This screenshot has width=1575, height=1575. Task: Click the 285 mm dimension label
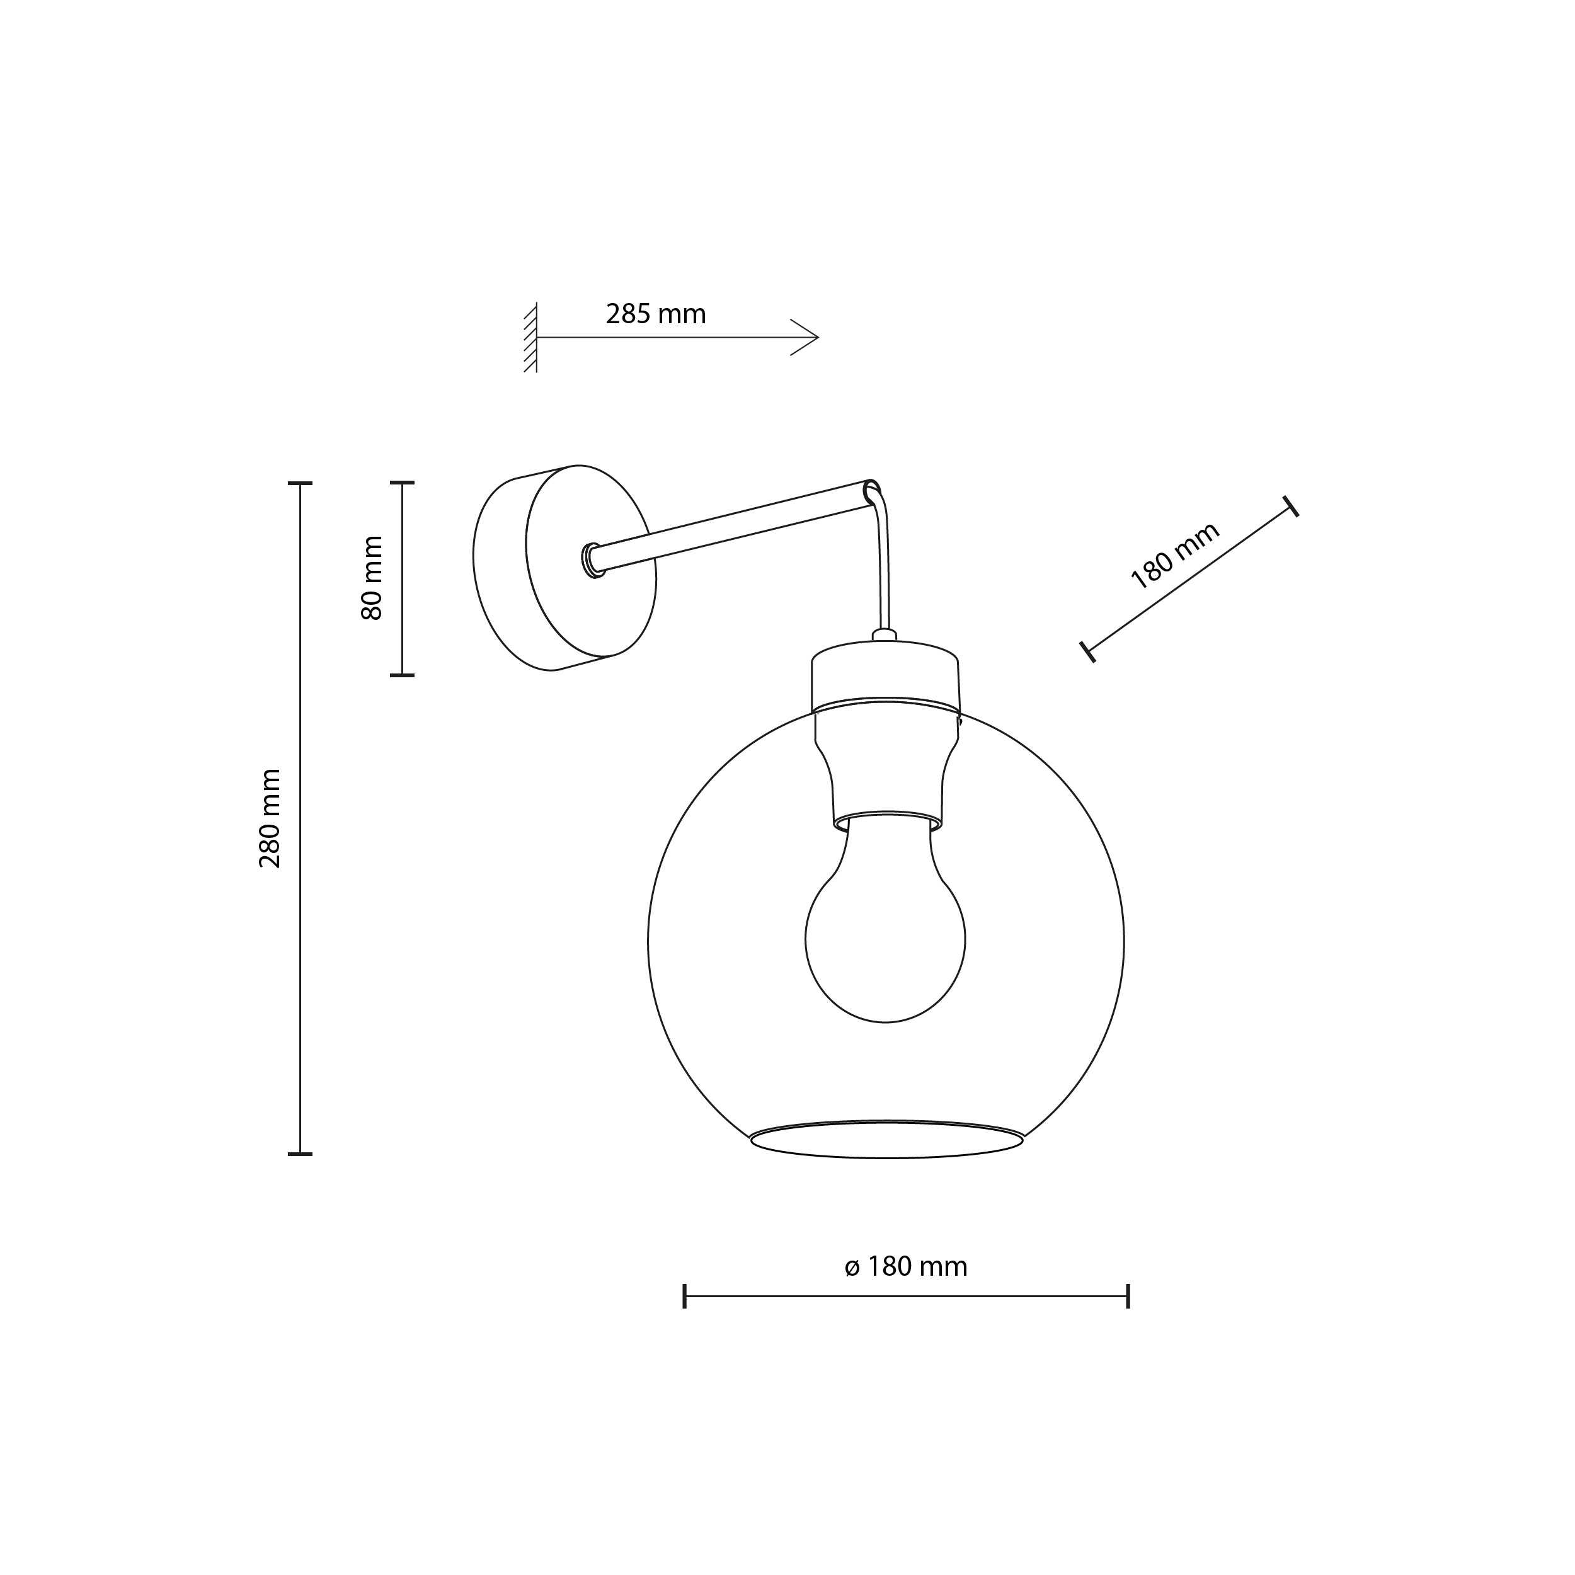pos(655,314)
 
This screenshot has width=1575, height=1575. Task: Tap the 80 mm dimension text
pos(372,578)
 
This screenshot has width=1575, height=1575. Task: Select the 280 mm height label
pos(270,818)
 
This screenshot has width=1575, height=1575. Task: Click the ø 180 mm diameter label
pos(906,1266)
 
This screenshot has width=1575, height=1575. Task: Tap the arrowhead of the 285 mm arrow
pos(812,336)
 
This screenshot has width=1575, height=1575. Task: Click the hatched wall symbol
pos(530,338)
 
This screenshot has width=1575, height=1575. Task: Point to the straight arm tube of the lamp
pos(734,527)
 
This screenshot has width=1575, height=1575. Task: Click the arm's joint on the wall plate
pos(592,560)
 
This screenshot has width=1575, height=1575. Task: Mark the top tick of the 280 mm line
pos(300,483)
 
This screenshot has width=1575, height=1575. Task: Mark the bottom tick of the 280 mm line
pos(300,1154)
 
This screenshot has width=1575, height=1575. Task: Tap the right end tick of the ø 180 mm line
pos(1128,1295)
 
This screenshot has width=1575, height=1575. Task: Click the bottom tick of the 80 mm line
pos(402,675)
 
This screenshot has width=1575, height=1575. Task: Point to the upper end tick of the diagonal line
pos(1290,507)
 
